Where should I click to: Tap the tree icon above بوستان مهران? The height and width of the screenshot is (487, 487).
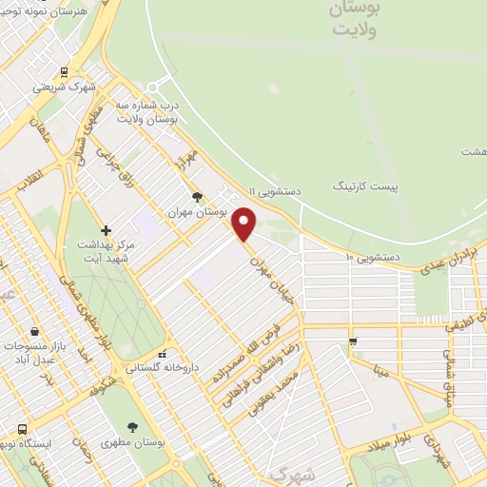197,197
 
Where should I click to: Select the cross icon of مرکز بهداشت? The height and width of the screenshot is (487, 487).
106,230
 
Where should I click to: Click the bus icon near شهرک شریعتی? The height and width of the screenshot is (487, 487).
64,71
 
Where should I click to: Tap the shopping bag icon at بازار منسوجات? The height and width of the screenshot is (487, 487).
35,331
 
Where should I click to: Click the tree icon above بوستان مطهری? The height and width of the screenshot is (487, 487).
131,427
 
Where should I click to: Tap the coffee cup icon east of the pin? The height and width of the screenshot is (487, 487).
353,341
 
